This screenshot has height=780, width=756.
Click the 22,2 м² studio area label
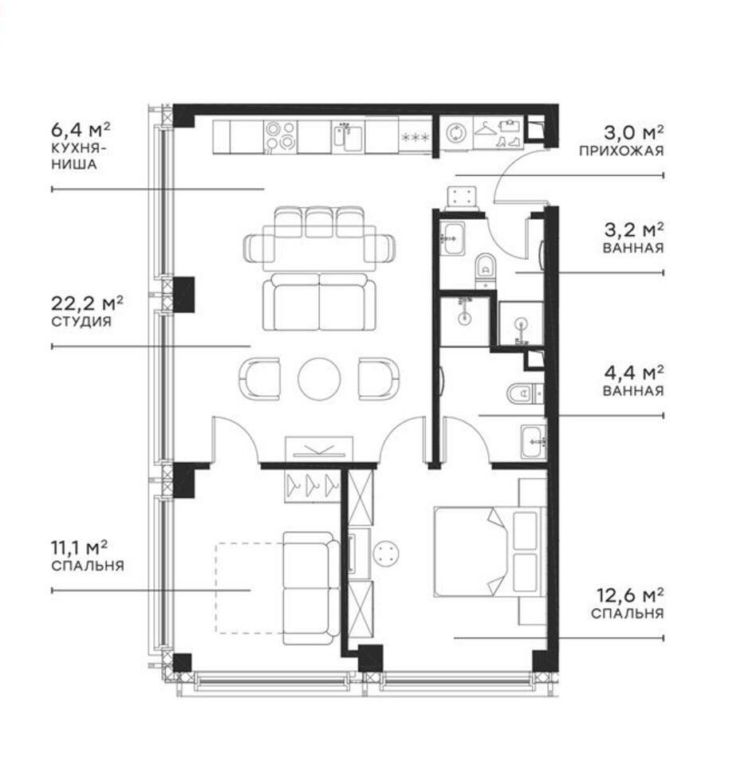pyautogui.click(x=88, y=303)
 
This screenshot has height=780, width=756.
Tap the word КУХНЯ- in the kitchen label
pyautogui.click(x=79, y=148)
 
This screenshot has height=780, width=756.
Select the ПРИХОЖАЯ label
pyautogui.click(x=621, y=151)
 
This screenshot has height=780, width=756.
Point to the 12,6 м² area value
pyautogui.click(x=630, y=595)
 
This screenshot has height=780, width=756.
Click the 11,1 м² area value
pyautogui.click(x=80, y=547)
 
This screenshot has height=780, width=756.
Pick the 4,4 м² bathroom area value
pyautogui.click(x=633, y=372)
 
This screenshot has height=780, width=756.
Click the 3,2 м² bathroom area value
pyautogui.click(x=633, y=229)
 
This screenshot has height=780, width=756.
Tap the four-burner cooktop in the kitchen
pyautogui.click(x=281, y=135)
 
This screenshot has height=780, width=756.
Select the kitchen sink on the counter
pyautogui.click(x=348, y=136)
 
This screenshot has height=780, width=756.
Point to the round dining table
pyautogui.click(x=319, y=378)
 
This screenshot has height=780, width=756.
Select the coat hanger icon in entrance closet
pyautogui.click(x=484, y=129)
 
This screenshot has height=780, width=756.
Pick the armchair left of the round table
pyautogui.click(x=259, y=378)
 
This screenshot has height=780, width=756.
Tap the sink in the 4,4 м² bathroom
pyautogui.click(x=534, y=441)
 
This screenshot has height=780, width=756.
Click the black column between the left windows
pyautogui.click(x=183, y=295)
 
